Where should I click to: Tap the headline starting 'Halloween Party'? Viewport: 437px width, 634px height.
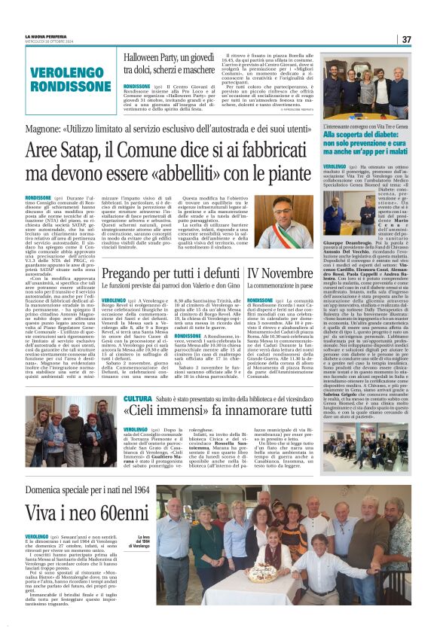170,63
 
